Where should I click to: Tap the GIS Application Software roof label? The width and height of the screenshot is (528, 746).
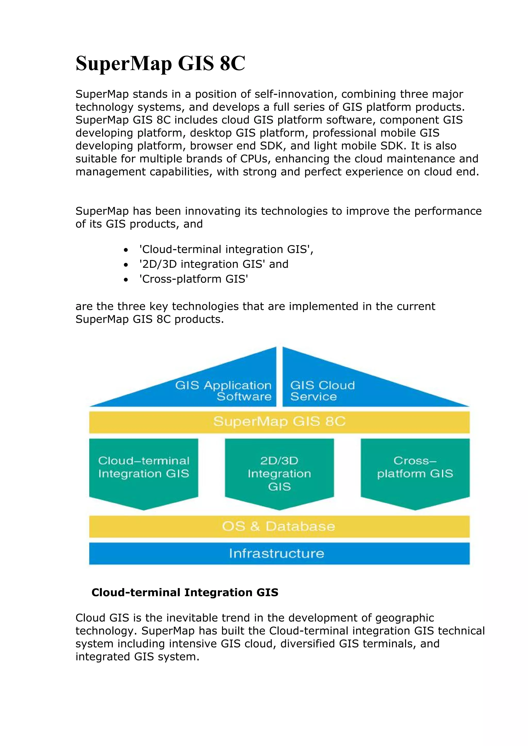pos(223,391)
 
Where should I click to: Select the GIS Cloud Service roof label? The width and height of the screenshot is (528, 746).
pos(322,391)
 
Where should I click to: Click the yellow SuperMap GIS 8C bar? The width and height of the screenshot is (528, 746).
pos(279,422)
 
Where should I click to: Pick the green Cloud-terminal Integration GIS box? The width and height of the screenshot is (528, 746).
pos(143,468)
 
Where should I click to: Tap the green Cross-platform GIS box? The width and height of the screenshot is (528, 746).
pos(415,468)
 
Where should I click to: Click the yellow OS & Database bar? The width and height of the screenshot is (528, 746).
pos(279,526)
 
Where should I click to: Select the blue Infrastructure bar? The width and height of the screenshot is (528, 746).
pos(279,553)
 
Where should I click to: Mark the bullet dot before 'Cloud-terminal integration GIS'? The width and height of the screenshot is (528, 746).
pos(126,250)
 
